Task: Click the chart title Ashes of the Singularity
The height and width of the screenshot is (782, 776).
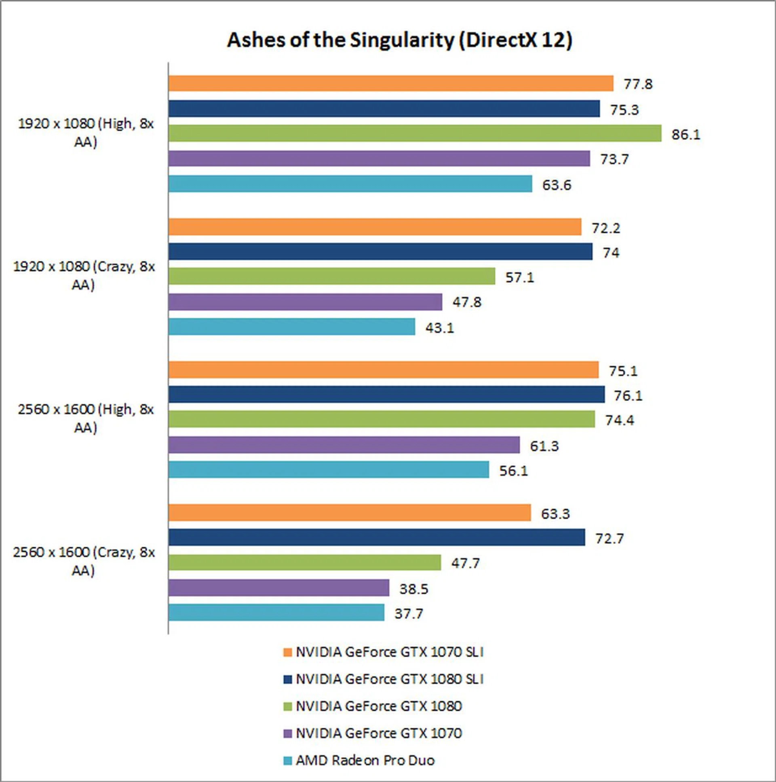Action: coord(399,40)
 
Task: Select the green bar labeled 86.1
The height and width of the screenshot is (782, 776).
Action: coord(415,133)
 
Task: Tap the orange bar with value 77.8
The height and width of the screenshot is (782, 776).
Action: coord(390,83)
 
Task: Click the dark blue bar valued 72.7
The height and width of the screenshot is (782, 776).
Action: coord(376,537)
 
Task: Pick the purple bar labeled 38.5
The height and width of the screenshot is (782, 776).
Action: coord(279,588)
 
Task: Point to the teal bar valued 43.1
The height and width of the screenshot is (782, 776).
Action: coord(292,327)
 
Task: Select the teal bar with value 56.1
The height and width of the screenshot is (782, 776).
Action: coord(329,469)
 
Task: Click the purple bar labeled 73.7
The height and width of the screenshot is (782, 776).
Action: coord(379,158)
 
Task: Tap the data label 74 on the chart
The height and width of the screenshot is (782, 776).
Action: coord(611,253)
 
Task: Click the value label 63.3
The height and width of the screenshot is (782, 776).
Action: coord(555,514)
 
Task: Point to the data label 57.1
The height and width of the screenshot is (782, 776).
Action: coord(519,278)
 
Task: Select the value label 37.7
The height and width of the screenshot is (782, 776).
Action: coord(409,614)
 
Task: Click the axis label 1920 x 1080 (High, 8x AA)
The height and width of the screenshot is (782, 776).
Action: coord(86,133)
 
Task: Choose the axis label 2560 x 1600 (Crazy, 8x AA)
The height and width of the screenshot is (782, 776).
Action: coord(84,561)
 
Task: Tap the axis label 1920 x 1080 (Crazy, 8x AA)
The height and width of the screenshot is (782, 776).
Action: coord(84,276)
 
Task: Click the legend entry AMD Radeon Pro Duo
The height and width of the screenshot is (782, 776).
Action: coord(365,760)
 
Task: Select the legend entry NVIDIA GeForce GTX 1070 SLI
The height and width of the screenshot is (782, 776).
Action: coord(390,652)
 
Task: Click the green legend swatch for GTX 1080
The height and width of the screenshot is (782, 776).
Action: coord(288,706)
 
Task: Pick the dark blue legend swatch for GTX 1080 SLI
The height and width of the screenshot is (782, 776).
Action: coord(288,679)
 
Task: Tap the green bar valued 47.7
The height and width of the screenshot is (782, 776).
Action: coord(305,562)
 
